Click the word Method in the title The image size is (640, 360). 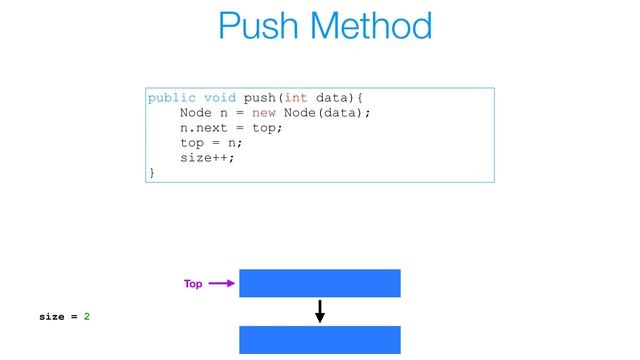coord(368,26)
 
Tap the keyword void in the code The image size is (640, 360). coord(221,98)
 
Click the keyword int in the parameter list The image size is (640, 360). coord(295,98)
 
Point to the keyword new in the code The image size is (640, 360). coord(264,113)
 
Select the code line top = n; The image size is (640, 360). coord(211,143)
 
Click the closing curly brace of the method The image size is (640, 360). coord(152,173)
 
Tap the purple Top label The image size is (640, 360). coord(193,284)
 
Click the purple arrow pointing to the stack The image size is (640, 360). coord(222,284)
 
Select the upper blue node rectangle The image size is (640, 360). coord(320,283)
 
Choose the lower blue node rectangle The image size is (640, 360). coord(320,340)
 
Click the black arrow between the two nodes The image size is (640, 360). coord(320,311)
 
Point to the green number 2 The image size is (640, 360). coord(87,317)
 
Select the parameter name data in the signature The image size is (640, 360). coord(333,98)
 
